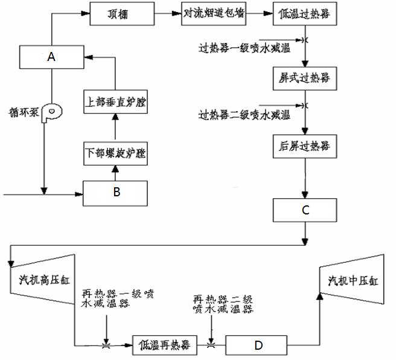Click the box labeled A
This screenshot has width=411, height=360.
click(51, 57)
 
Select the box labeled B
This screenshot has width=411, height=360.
click(116, 193)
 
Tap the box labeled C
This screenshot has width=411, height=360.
click(305, 210)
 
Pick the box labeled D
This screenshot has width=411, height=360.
click(258, 345)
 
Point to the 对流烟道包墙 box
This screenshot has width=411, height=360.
click(214, 13)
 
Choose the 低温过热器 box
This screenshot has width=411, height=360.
click(305, 13)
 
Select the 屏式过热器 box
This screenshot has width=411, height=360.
click(305, 78)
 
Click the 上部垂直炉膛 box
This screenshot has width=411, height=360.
click(116, 101)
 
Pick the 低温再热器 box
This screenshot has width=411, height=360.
click(165, 345)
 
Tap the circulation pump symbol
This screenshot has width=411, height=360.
click(52, 112)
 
